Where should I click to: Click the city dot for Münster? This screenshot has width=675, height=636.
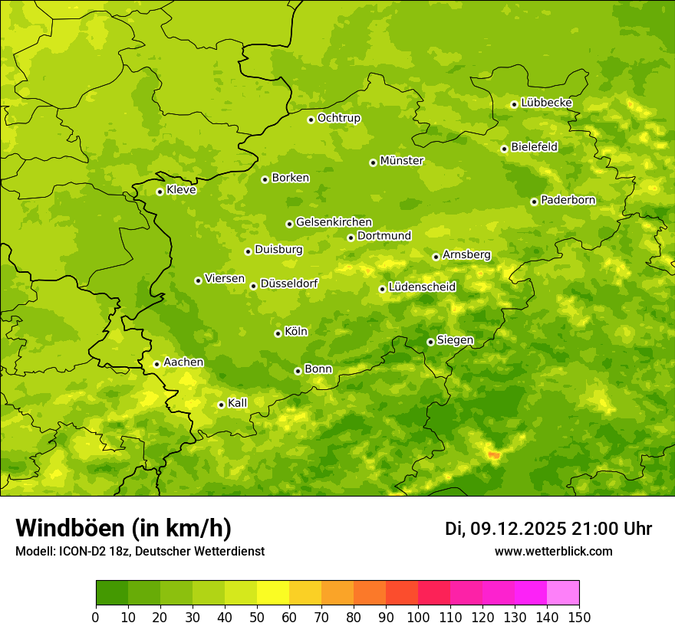tap(373, 162)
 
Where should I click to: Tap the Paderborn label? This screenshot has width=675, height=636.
tap(568, 200)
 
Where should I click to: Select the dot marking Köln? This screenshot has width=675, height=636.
tap(278, 333)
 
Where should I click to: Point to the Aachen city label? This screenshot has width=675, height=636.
tap(183, 362)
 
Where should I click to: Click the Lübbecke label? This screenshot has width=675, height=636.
tap(546, 103)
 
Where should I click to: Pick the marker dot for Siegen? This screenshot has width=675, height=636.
tap(430, 342)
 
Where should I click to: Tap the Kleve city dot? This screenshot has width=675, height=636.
tap(160, 192)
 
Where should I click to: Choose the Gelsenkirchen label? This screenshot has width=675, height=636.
tap(334, 222)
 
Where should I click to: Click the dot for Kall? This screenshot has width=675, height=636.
tap(221, 405)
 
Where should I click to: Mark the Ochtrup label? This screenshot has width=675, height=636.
tap(338, 118)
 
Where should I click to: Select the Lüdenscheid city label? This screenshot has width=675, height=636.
tap(422, 287)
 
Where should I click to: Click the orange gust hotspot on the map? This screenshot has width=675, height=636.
tap(493, 455)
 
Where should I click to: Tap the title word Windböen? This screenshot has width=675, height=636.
tap(69, 528)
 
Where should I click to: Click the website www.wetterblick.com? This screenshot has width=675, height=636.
tap(553, 551)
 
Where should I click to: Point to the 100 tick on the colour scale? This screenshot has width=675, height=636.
tap(418, 617)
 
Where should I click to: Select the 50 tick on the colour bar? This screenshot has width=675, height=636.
tap(257, 617)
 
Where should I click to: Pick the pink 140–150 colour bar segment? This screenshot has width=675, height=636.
tap(563, 593)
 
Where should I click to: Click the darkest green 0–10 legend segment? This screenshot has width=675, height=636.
tap(112, 593)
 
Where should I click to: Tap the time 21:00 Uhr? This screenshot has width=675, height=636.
tap(611, 529)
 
